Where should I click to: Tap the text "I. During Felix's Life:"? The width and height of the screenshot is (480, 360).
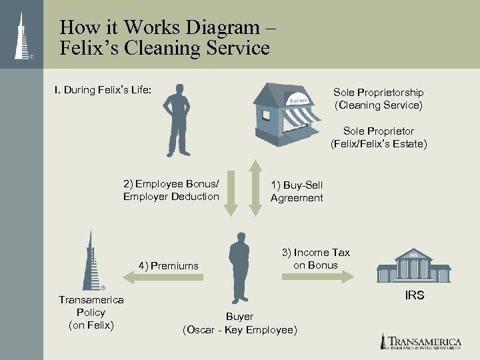(103, 89)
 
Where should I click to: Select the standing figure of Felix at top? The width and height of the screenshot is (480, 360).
(178, 120)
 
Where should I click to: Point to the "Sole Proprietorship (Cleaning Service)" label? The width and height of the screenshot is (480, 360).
(378, 99)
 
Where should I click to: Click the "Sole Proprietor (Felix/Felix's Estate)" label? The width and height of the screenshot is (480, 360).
(379, 137)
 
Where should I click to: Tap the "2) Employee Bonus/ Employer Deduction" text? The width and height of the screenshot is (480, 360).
(171, 190)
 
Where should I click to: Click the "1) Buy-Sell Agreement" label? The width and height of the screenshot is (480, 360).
(297, 191)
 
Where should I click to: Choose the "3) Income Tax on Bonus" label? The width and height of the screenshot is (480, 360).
(315, 259)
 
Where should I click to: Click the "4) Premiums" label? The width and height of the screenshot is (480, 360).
(168, 266)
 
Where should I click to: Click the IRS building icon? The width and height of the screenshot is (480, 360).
(413, 267)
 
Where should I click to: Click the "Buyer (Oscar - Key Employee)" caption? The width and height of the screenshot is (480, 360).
(239, 323)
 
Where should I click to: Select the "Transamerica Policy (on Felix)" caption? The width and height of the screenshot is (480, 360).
(91, 313)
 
